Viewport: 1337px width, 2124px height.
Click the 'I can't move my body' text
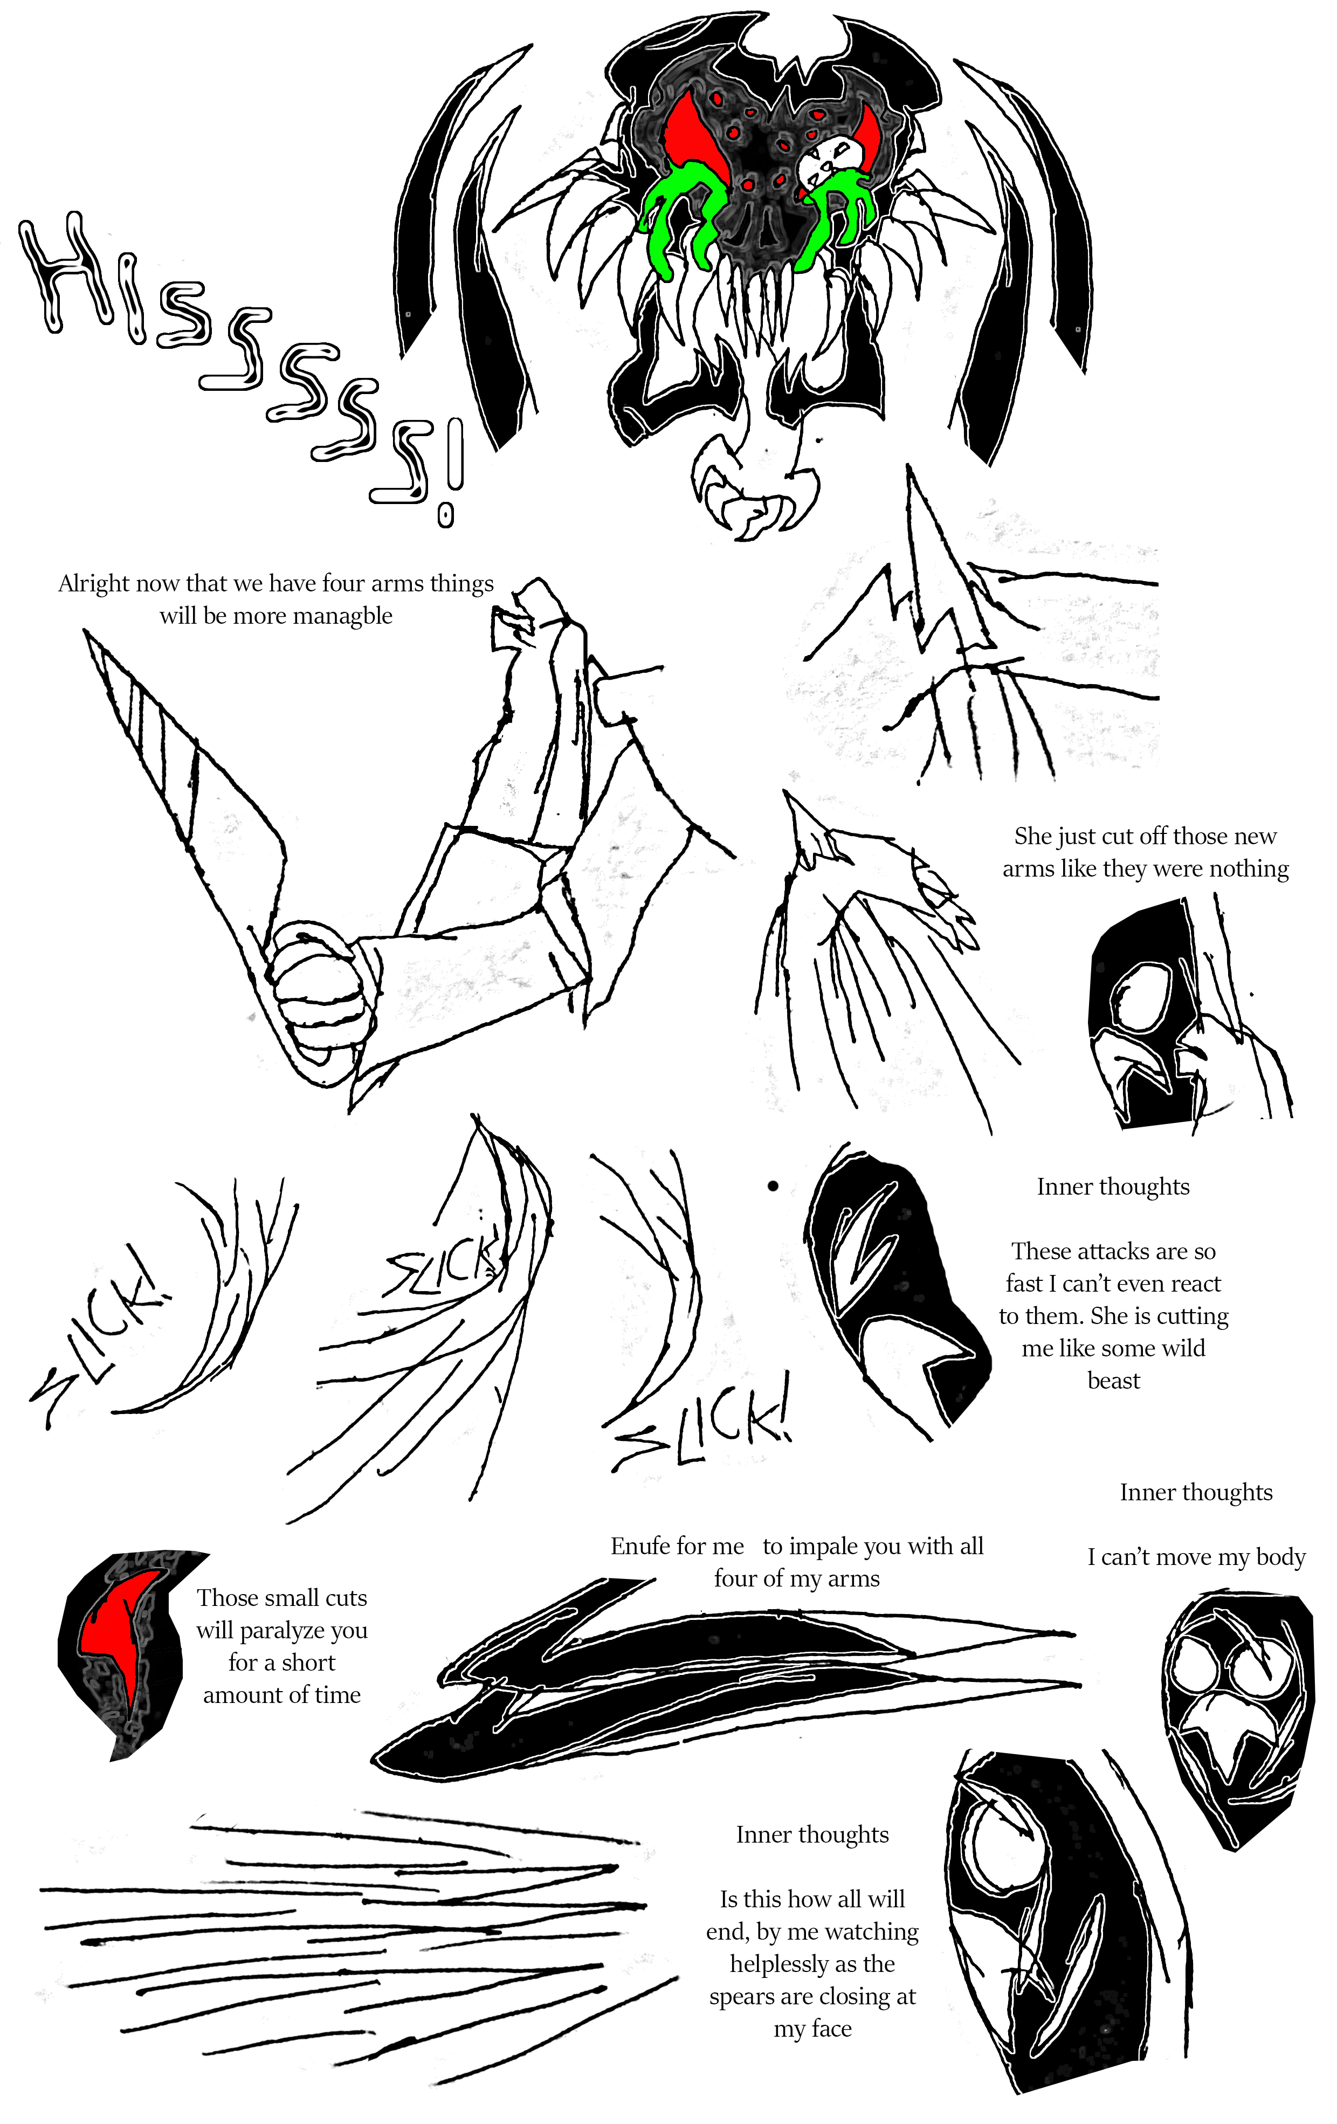(1196, 1558)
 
